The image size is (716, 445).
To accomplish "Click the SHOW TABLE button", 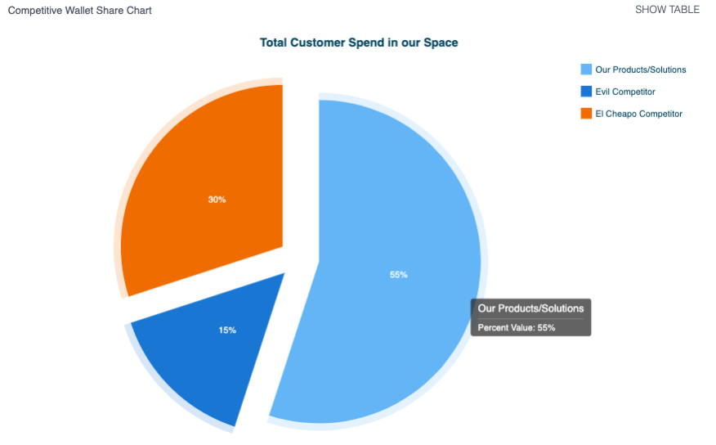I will [667, 10].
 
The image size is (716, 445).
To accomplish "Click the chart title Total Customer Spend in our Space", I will [359, 43].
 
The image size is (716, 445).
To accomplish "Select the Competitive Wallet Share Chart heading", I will [79, 11].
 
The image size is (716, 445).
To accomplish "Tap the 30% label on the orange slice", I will [217, 200].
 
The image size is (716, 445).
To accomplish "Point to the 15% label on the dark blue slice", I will [227, 330].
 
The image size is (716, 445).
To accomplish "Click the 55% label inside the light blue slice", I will [398, 275].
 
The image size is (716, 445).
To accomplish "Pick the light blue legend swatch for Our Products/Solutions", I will [585, 70].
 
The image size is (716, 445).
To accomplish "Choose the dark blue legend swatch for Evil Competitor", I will [585, 92].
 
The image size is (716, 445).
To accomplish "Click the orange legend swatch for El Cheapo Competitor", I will [585, 114].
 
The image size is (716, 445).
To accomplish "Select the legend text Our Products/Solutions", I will [640, 70].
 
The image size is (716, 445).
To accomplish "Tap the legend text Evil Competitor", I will [624, 92].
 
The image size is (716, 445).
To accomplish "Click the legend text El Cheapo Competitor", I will [638, 114].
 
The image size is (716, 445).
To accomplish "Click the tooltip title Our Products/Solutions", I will [530, 308].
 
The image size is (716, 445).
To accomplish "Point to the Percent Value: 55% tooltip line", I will [517, 327].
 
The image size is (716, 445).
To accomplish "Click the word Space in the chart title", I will [441, 43].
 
